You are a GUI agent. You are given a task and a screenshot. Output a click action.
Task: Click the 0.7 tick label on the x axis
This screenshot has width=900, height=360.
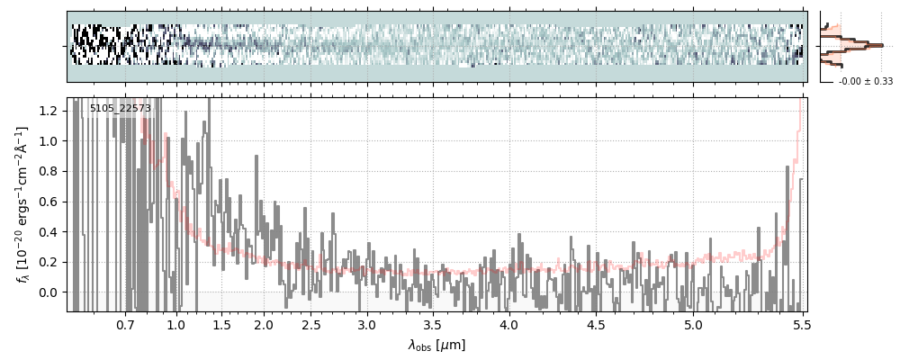[125, 324]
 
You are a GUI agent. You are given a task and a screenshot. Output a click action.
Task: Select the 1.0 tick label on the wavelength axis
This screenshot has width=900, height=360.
[176, 324]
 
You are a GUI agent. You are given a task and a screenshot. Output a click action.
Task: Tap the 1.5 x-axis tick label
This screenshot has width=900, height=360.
[220, 324]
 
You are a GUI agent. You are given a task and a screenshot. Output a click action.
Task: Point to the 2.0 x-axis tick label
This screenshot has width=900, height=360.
[264, 324]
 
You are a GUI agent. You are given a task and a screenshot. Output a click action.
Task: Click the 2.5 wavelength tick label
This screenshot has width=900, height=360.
[311, 324]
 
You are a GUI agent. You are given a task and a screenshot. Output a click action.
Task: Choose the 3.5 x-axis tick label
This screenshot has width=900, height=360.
[432, 324]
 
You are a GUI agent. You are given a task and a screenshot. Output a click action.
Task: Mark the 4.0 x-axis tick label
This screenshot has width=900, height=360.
[508, 324]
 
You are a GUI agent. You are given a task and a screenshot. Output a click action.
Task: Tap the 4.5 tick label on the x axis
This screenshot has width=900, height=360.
[596, 324]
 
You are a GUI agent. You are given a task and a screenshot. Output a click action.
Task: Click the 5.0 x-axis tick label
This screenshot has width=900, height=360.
[693, 324]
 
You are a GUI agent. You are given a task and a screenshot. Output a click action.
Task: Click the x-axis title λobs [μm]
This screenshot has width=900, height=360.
[436, 345]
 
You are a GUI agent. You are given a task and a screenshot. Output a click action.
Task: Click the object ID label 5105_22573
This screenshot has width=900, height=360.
[120, 109]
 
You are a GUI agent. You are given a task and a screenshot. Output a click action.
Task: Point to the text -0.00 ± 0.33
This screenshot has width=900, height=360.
[865, 82]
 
